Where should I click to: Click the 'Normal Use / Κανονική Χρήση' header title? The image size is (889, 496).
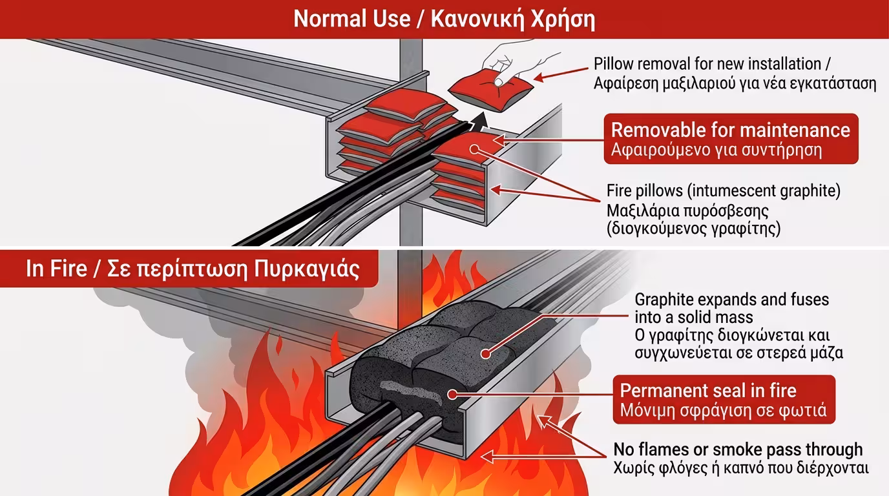(x=444, y=19)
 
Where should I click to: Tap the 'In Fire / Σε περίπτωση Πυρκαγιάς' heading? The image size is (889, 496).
(x=192, y=268)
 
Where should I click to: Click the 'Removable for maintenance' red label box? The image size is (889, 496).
(x=730, y=139)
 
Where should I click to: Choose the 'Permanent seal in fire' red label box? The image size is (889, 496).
(x=723, y=400)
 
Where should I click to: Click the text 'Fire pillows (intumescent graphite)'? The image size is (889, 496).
(x=723, y=191)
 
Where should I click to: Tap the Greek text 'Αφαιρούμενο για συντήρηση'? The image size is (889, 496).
(x=716, y=150)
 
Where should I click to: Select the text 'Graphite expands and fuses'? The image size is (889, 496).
(x=731, y=300)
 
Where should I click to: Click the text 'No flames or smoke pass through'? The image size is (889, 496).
(x=737, y=449)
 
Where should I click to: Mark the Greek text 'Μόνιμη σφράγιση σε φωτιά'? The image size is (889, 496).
(x=723, y=411)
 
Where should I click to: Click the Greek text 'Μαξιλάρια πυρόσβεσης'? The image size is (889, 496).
(x=687, y=211)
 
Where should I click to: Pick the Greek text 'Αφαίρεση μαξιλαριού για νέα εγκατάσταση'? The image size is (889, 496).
(x=735, y=83)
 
